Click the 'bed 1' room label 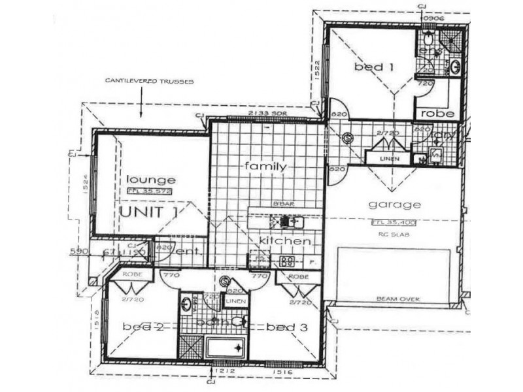tap(367, 67)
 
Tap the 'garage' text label tap(394, 204)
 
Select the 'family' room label tap(265, 167)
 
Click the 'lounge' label tap(151, 180)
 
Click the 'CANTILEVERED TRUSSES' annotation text tap(144, 82)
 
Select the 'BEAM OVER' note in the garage tap(397, 299)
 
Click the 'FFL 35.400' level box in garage tap(394, 222)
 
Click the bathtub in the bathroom tap(226, 348)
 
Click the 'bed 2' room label tap(142, 327)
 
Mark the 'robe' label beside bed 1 tap(433, 113)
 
